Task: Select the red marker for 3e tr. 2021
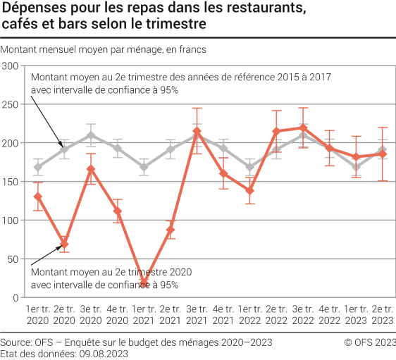point(197,132)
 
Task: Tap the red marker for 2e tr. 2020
point(64,244)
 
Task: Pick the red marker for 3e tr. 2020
point(91,169)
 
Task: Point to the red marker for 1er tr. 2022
point(250,191)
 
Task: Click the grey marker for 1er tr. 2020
point(38,168)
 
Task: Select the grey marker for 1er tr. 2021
point(144,168)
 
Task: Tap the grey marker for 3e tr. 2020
point(91,135)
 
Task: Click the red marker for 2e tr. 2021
point(171,230)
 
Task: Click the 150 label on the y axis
point(10,182)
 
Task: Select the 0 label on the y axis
point(15,297)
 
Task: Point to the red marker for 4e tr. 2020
point(118,211)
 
